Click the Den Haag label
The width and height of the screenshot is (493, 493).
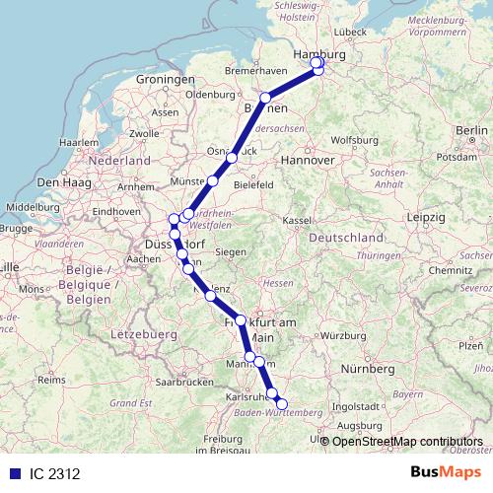62,182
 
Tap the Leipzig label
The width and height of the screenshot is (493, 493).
426,216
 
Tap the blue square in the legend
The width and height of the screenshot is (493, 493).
14,474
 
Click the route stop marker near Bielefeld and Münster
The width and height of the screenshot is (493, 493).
213,181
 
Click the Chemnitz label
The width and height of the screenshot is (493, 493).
452,268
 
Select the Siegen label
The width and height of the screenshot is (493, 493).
230,252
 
